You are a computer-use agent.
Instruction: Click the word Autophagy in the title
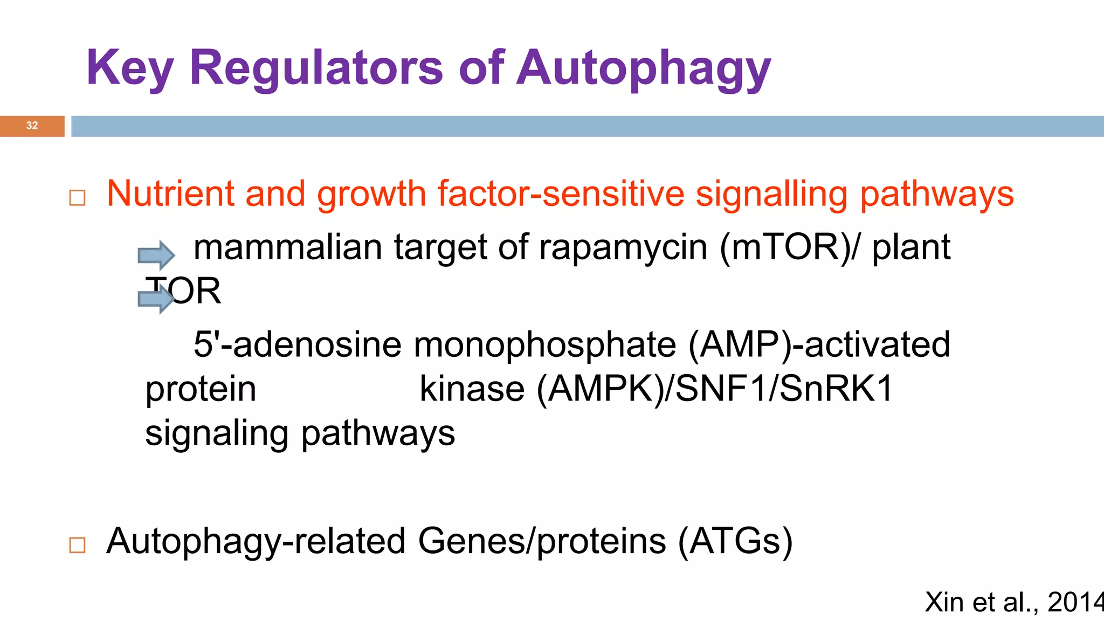click(x=644, y=69)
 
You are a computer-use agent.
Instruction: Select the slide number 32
click(x=32, y=126)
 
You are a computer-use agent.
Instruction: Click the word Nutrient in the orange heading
click(x=170, y=194)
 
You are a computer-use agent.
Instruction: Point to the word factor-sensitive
click(x=560, y=194)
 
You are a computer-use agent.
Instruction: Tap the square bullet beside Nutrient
click(x=78, y=198)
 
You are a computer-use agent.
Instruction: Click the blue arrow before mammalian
click(x=156, y=254)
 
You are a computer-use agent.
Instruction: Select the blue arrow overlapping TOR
click(x=155, y=298)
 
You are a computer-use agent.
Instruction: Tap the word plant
click(x=911, y=248)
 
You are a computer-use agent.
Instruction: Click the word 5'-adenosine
click(x=297, y=345)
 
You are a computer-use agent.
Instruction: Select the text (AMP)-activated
click(x=819, y=345)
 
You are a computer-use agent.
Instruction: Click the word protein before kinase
click(x=201, y=390)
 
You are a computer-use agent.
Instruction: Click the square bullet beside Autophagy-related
click(x=78, y=545)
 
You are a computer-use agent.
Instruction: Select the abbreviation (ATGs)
click(x=735, y=541)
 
